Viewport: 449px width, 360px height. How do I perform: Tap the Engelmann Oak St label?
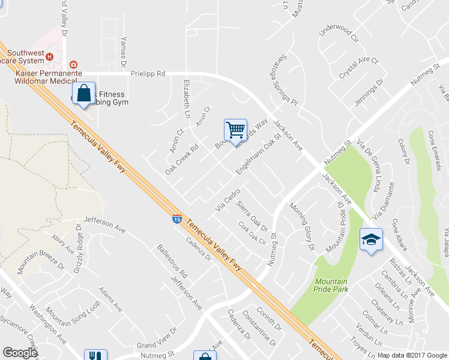click(259, 154)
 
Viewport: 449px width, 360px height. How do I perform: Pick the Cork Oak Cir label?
click(252, 233)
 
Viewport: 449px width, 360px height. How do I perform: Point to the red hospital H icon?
click(50, 57)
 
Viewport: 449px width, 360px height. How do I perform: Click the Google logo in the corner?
click(20, 352)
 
